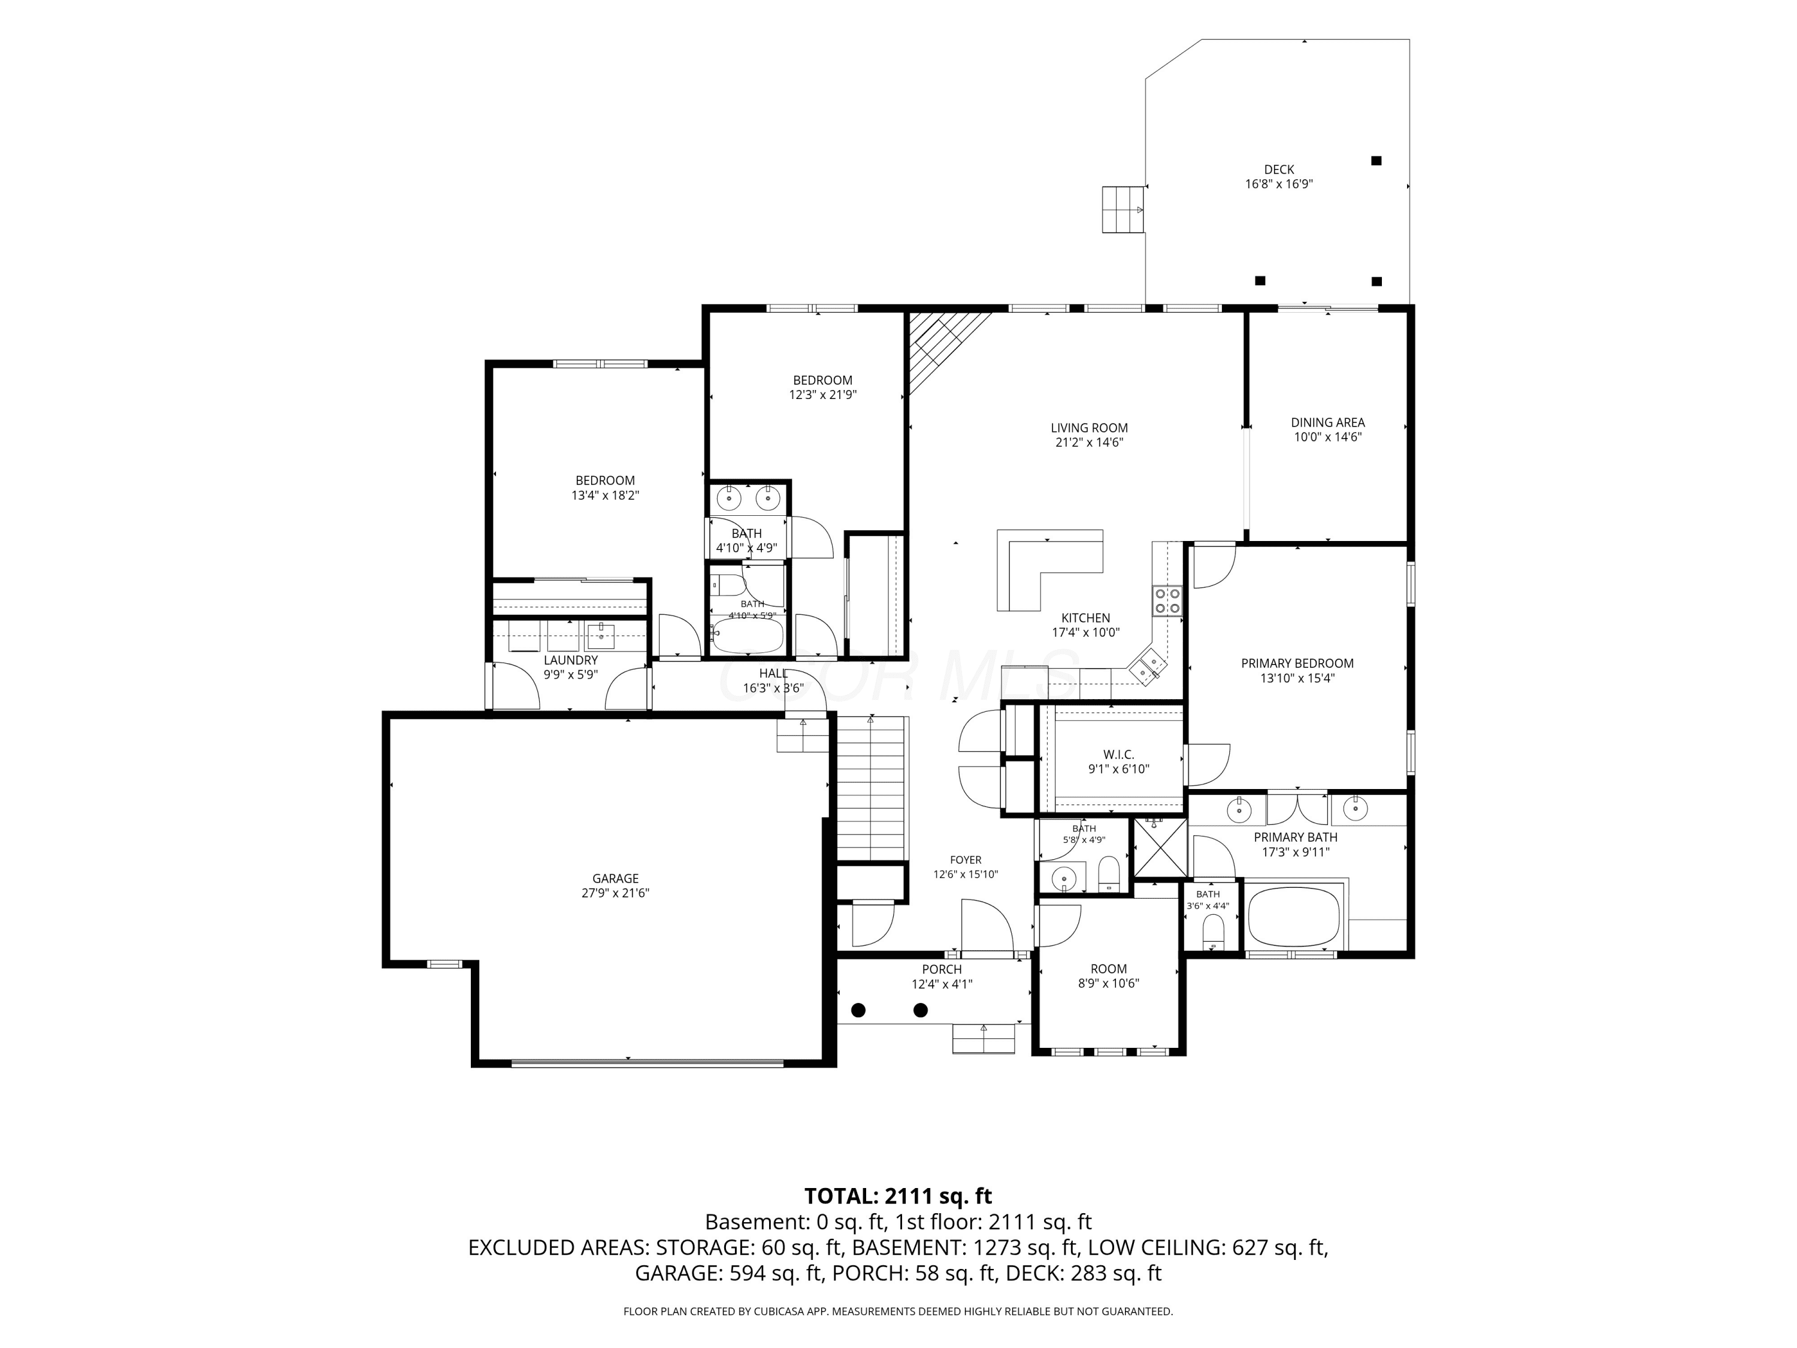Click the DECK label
pyautogui.click(x=1279, y=169)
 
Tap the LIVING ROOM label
pyautogui.click(x=1088, y=427)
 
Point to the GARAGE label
pyautogui.click(x=615, y=878)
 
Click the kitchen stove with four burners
pyautogui.click(x=1168, y=602)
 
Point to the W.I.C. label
pyautogui.click(x=1119, y=755)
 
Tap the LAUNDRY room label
pyautogui.click(x=570, y=661)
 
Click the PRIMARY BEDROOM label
pyautogui.click(x=1297, y=664)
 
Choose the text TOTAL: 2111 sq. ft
pyautogui.click(x=898, y=1196)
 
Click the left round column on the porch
pyautogui.click(x=858, y=1010)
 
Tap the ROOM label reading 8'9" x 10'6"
pyautogui.click(x=1108, y=969)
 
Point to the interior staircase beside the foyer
pyautogui.click(x=871, y=788)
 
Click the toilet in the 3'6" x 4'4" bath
pyautogui.click(x=1213, y=932)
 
